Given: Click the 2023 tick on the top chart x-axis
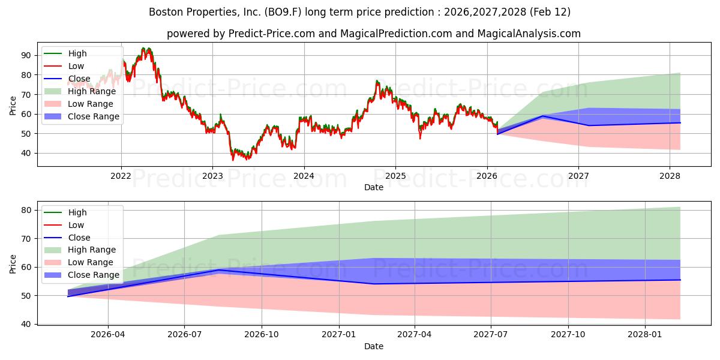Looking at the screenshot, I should pos(212,176).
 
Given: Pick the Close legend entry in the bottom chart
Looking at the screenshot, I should pos(79,238).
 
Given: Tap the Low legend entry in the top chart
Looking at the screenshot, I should pos(76,66).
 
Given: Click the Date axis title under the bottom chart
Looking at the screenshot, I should pos(374,346).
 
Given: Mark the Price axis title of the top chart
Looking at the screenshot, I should pos(13,104).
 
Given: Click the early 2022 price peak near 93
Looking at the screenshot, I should pos(145,49).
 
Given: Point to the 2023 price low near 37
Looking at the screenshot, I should pos(233,159).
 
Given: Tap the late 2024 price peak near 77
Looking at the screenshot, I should pos(377,81).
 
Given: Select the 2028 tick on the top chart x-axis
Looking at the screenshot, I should pos(670,176).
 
